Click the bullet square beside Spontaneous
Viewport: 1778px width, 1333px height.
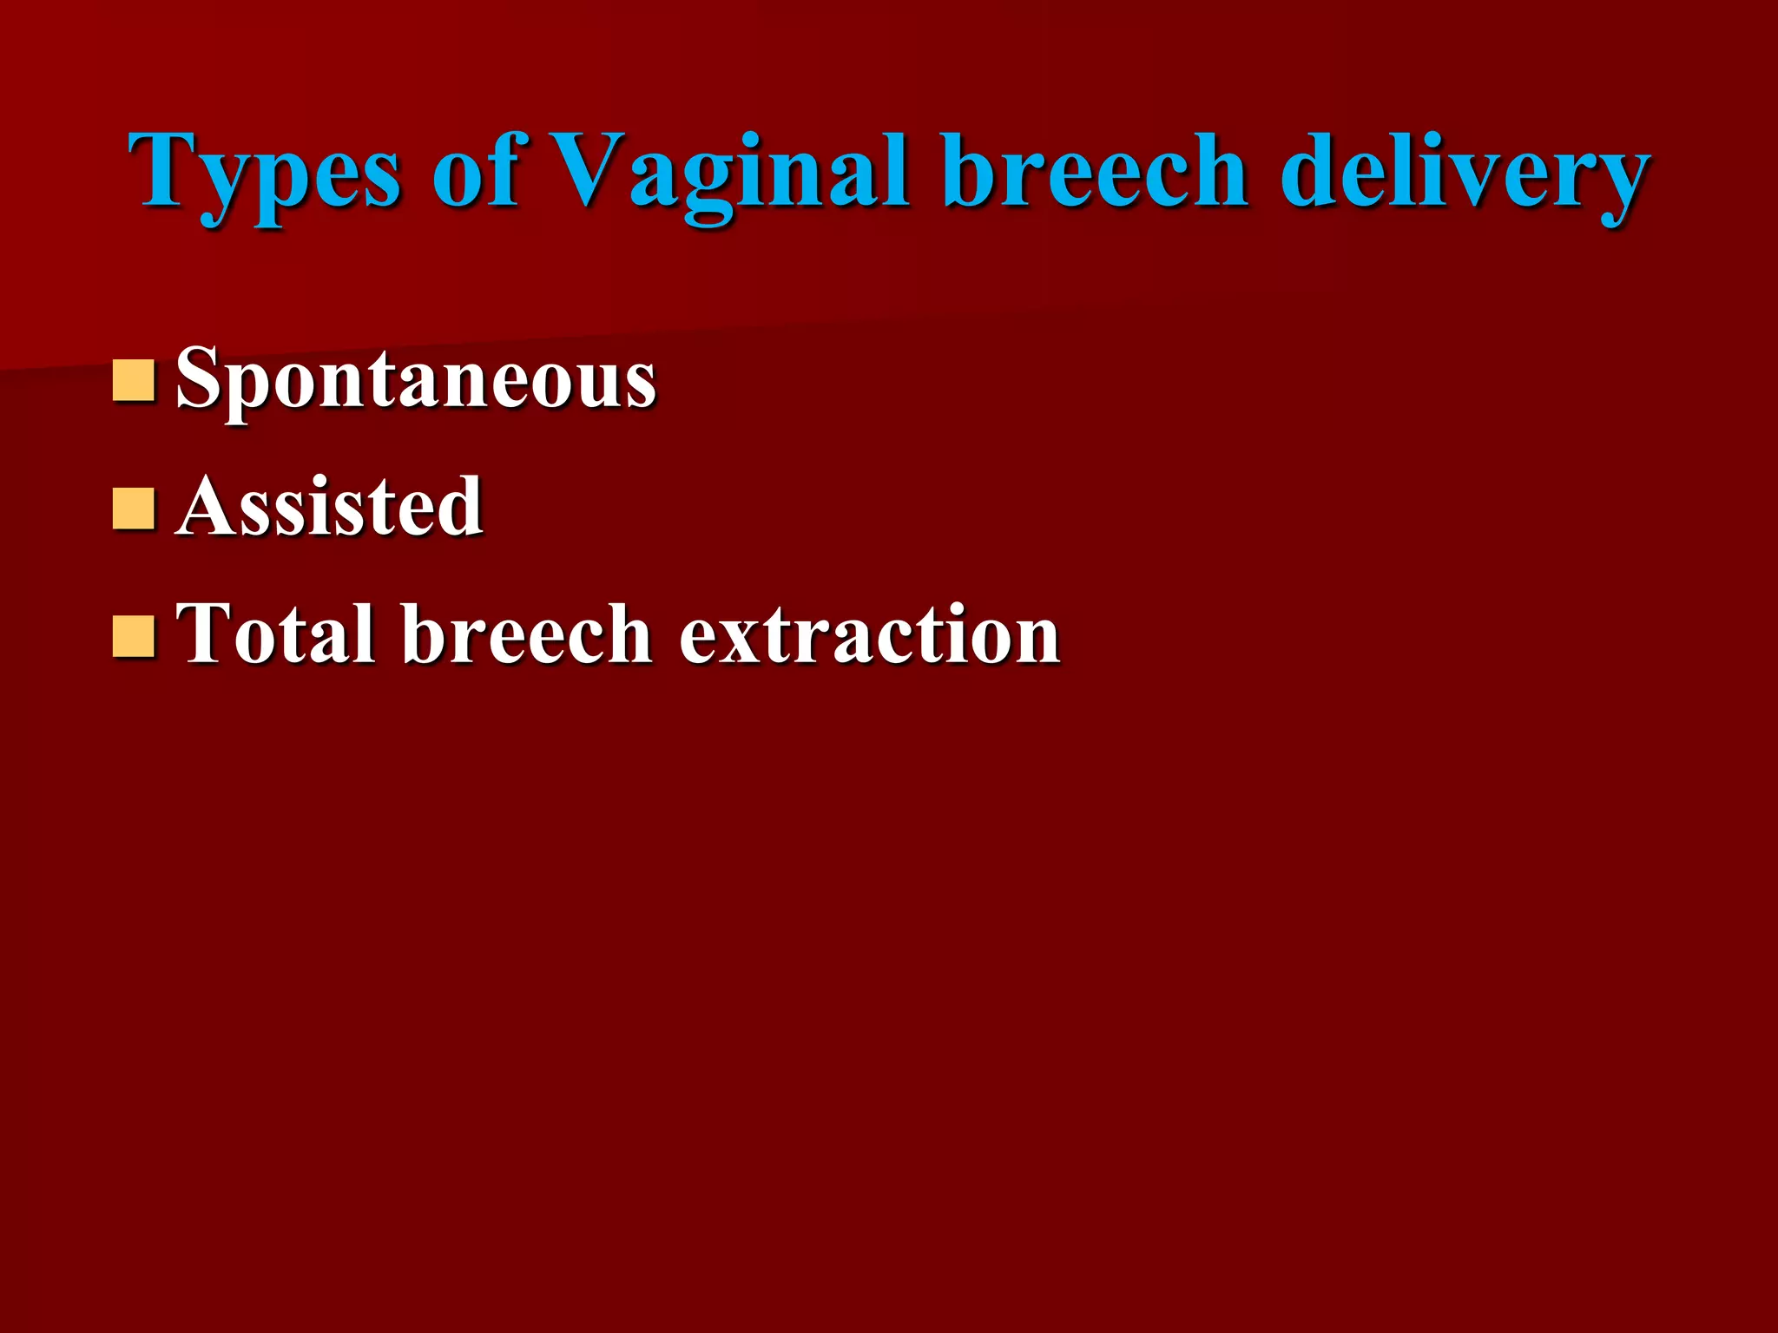point(134,380)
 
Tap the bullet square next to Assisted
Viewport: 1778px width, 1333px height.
point(134,509)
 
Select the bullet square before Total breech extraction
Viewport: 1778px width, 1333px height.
point(134,636)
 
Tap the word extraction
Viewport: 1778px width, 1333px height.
point(869,635)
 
